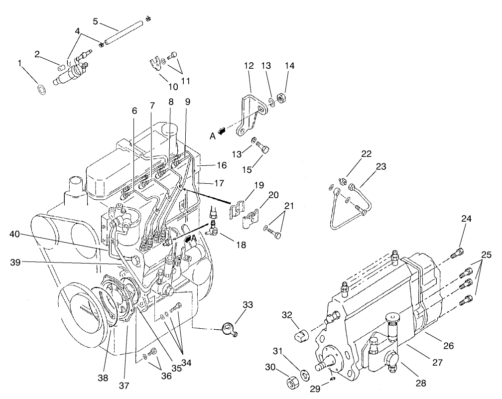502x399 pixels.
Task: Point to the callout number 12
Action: (249, 66)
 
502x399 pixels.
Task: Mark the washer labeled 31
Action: (305, 374)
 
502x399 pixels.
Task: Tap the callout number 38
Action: (103, 378)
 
